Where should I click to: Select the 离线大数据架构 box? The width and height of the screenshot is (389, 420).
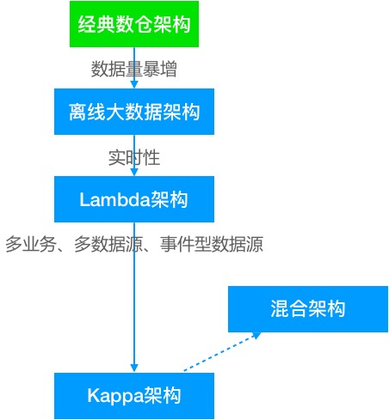pyautogui.click(x=133, y=112)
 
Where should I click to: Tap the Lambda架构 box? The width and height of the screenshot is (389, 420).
pyautogui.click(x=133, y=199)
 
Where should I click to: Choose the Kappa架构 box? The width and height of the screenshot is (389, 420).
pyautogui.click(x=133, y=396)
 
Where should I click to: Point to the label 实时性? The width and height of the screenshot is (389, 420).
pyautogui.click(x=133, y=156)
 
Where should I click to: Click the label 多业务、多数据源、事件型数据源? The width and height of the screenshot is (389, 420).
pyautogui.click(x=133, y=245)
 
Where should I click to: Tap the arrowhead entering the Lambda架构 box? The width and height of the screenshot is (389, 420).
pyautogui.click(x=134, y=172)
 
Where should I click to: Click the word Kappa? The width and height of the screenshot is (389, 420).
pyautogui.click(x=115, y=396)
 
